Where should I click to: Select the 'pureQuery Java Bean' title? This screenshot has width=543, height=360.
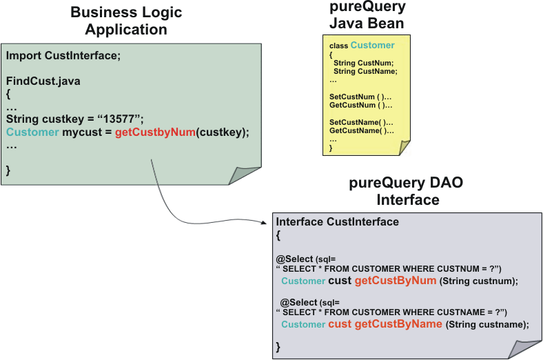click(x=367, y=15)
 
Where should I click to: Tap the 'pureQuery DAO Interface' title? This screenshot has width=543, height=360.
click(x=407, y=191)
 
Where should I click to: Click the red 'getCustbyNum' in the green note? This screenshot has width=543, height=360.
click(x=155, y=132)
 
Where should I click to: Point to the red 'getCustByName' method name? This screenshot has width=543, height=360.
click(x=398, y=324)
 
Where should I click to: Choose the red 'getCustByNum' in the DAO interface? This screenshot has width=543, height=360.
click(x=396, y=281)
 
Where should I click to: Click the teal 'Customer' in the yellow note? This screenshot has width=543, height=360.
click(x=372, y=46)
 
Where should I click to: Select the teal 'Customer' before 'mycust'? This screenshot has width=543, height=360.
click(x=32, y=132)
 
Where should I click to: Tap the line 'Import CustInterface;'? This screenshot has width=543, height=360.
click(x=63, y=55)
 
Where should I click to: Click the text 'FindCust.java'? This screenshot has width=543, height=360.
click(x=43, y=81)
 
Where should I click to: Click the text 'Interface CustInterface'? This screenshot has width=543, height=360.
click(x=337, y=222)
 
